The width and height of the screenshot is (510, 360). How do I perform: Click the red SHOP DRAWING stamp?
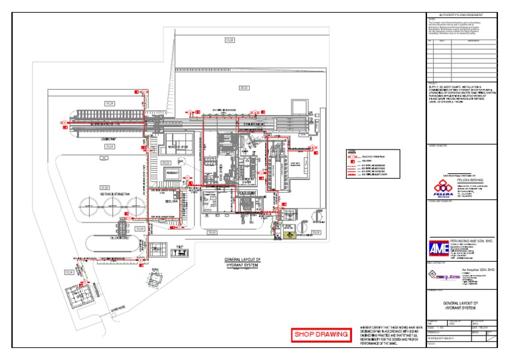click(x=321, y=334)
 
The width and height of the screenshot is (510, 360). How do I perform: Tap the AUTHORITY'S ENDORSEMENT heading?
click(x=460, y=15)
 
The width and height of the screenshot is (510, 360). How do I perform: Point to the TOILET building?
click(x=177, y=251)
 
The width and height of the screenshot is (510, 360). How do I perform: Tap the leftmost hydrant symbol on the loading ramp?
click(x=62, y=123)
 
